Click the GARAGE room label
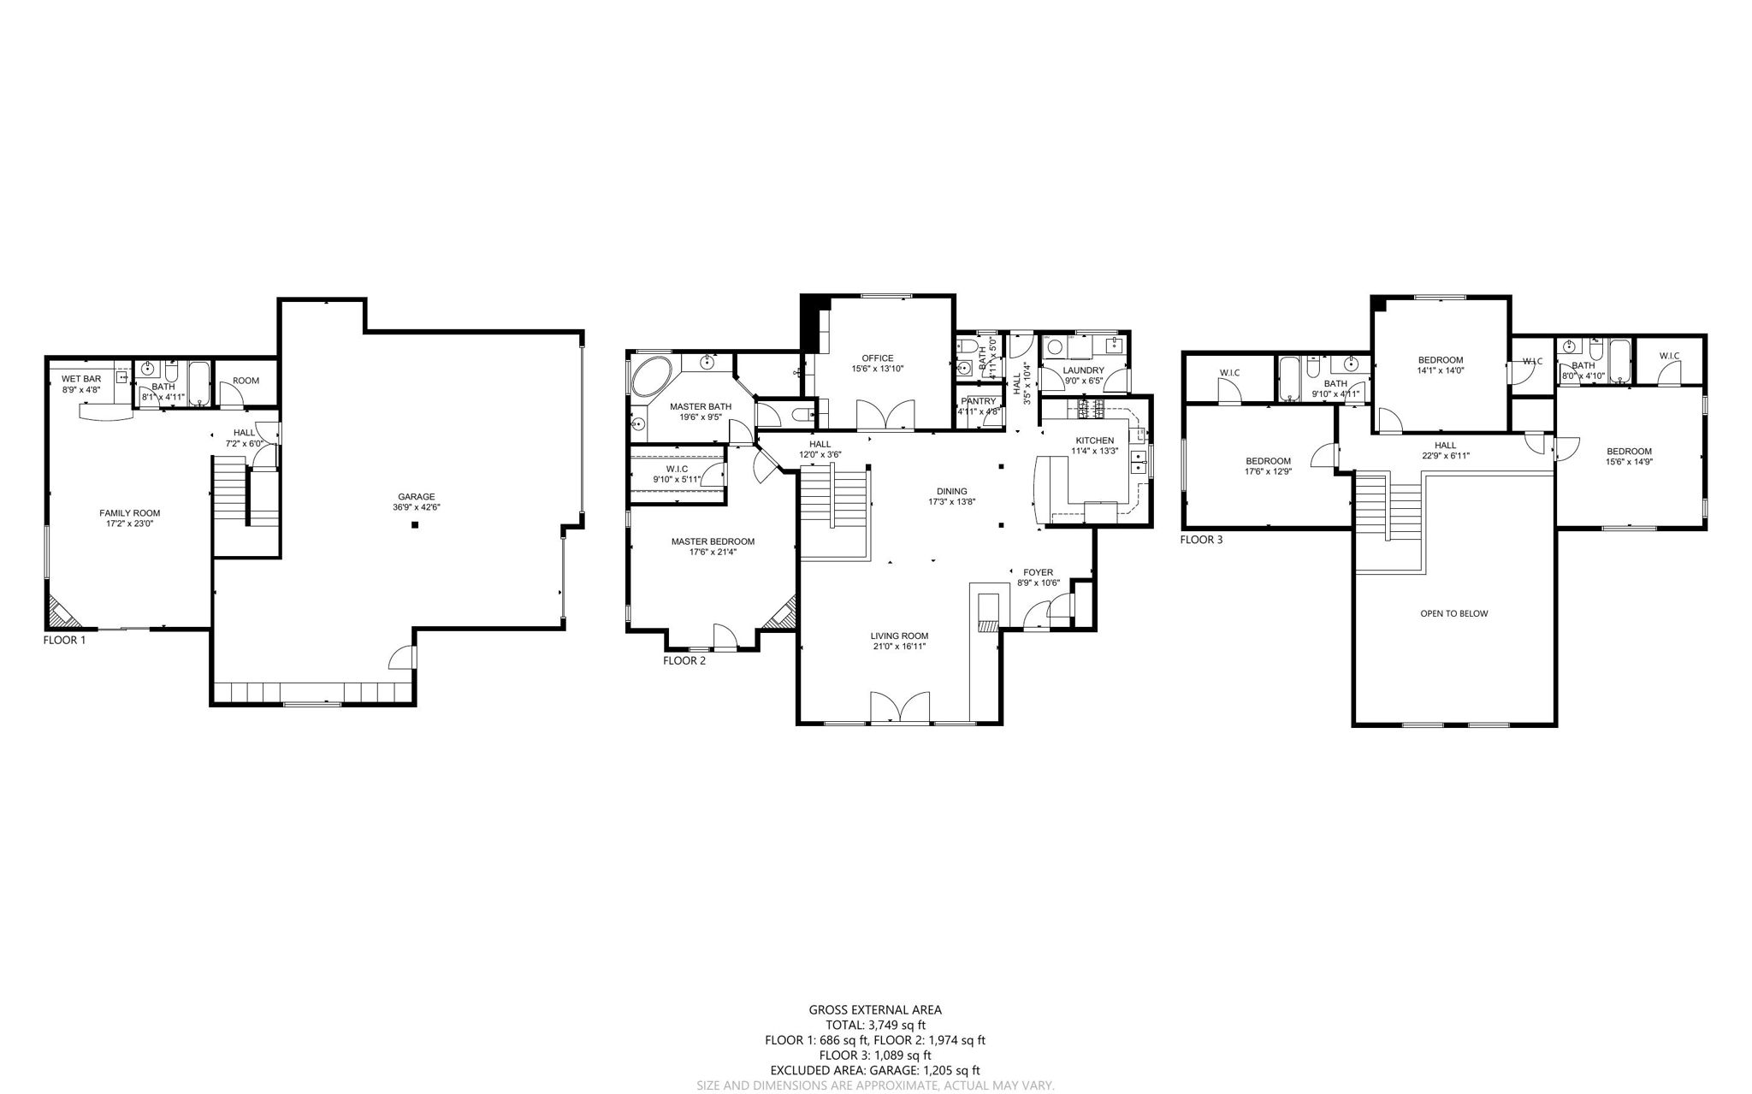[x=417, y=496]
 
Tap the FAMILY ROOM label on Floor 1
[x=130, y=513]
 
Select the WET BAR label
[x=81, y=378]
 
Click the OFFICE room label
[x=878, y=358]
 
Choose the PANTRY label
[x=979, y=400]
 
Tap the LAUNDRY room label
[x=1084, y=370]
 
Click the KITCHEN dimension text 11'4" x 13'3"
[x=1095, y=451]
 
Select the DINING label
[x=952, y=491]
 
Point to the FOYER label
[x=1039, y=572]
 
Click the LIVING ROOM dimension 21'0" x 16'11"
[x=899, y=647]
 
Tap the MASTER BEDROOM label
[x=713, y=541]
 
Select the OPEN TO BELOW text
[x=1453, y=613]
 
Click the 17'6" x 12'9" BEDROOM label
[x=1268, y=471]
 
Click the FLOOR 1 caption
[x=64, y=639]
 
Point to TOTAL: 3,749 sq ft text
[x=875, y=1025]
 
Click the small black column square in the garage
[x=415, y=525]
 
